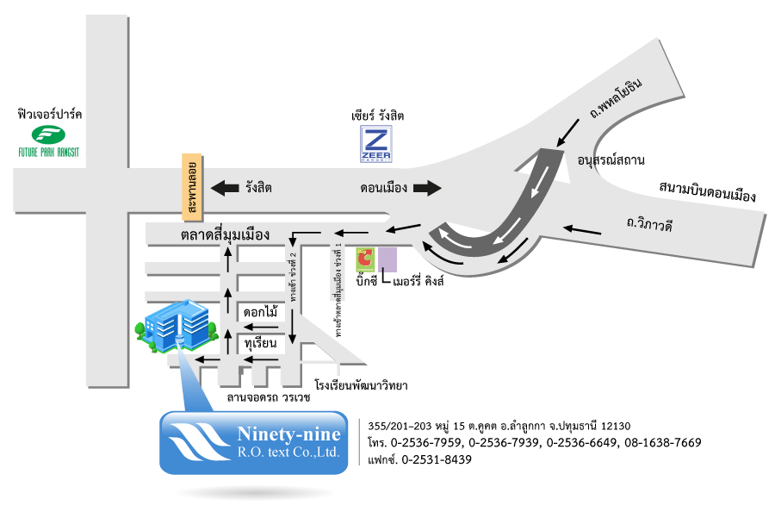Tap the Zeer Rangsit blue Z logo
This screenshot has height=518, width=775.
tap(375, 144)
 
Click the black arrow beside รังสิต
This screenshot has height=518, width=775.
tap(226, 187)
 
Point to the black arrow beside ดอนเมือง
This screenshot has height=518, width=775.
tap(425, 187)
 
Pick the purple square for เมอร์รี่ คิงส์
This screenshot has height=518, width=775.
tap(387, 259)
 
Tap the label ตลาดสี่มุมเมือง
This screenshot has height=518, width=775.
tap(226, 234)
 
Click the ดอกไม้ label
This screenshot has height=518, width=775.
tap(260, 312)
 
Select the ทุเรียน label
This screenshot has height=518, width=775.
tap(259, 343)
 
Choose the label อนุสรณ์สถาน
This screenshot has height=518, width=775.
tap(611, 160)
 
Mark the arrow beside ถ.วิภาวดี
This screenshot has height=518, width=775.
tap(582, 229)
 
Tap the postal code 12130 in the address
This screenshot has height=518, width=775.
tap(613, 425)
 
